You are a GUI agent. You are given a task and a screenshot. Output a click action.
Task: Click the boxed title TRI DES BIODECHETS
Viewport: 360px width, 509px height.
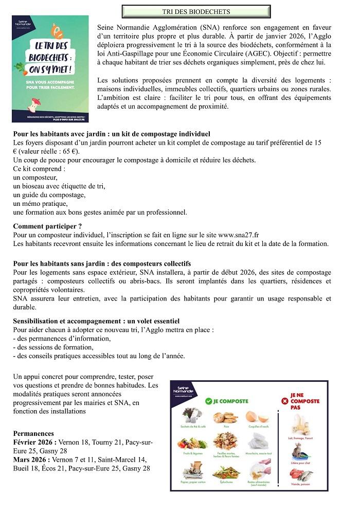click(196, 11)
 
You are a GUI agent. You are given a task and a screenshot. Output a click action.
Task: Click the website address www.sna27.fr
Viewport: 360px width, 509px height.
click(239, 235)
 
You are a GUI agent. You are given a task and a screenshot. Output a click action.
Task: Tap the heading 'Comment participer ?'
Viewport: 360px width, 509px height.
click(47, 226)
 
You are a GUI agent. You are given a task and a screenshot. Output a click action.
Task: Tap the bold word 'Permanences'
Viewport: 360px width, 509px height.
click(33, 433)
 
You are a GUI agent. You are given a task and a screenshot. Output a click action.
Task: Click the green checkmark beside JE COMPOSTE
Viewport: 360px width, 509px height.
click(208, 400)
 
